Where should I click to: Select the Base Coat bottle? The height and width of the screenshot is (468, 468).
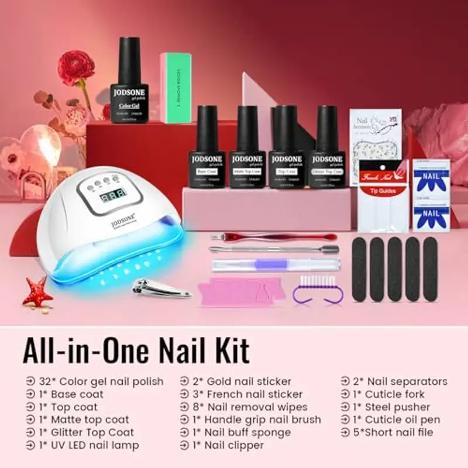coord(207,149)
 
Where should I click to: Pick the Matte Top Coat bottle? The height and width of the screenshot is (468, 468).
coord(247,149)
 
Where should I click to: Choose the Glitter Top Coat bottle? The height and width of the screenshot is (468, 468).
coord(327,149)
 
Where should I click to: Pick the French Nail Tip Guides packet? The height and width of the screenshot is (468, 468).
coord(383,193)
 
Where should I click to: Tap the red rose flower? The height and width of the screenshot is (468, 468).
coord(75,68)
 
